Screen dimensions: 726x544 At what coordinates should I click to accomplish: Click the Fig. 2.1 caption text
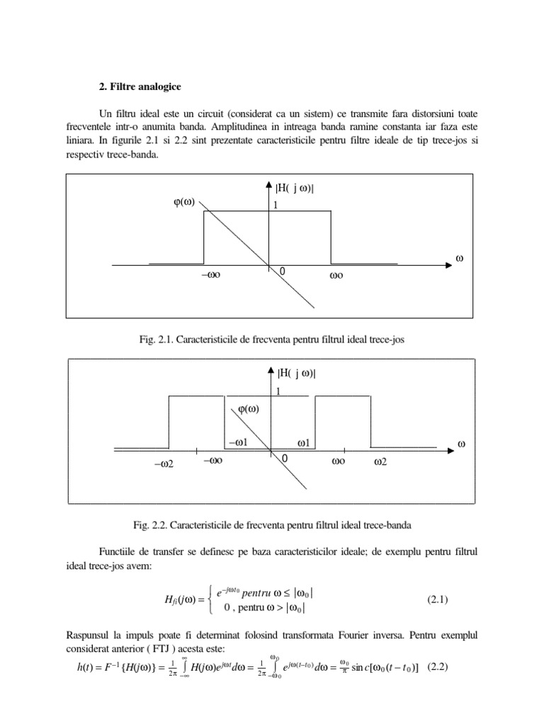[x=272, y=340]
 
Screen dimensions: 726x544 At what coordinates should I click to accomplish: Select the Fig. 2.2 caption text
[x=271, y=526]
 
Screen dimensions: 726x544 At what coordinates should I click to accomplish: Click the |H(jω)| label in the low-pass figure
[x=295, y=188]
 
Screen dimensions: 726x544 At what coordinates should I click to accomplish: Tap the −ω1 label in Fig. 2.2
[x=237, y=443]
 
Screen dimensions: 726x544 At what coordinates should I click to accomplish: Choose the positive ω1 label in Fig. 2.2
[x=305, y=443]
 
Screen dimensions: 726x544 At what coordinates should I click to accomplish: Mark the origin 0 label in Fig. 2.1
[x=282, y=272]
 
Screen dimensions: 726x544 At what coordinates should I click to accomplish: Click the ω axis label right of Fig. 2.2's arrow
[x=461, y=444]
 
